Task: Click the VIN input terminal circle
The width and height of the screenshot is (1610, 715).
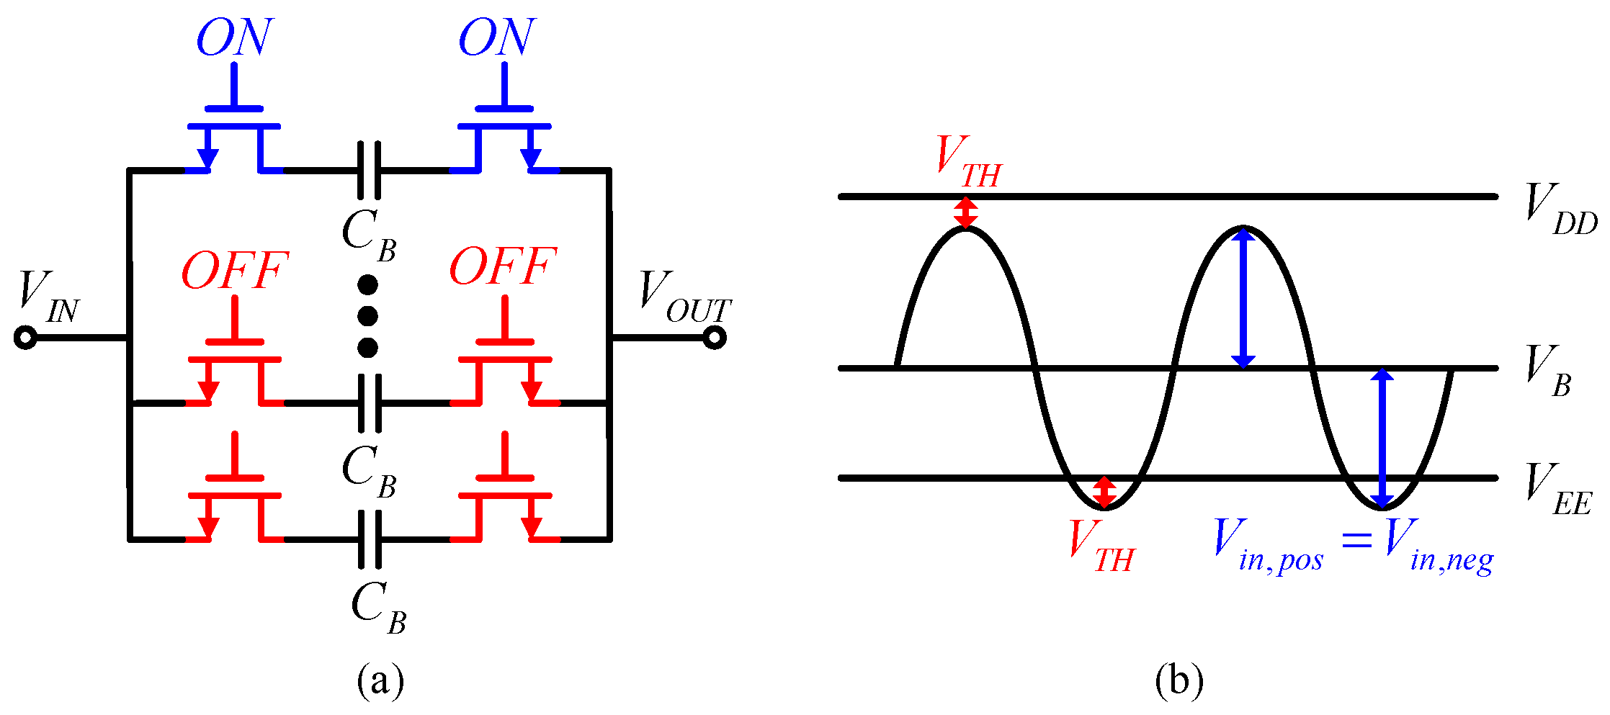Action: click(25, 338)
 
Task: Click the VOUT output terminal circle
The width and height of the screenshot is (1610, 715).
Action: click(714, 338)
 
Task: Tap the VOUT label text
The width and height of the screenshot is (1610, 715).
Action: click(684, 297)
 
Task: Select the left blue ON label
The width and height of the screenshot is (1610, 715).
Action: click(234, 37)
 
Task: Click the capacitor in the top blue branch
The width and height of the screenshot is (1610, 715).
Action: click(369, 171)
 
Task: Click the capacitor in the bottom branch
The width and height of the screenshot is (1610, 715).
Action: click(369, 539)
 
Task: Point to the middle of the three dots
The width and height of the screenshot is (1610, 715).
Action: click(367, 316)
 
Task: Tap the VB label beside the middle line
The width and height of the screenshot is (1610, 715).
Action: click(1549, 371)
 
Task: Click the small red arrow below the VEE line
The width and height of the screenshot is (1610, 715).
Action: click(1104, 493)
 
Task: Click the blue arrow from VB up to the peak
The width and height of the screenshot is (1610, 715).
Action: click(1243, 297)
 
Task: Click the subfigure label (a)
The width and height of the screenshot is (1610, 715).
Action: click(380, 680)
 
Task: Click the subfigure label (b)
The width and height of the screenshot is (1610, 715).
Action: click(1179, 680)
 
